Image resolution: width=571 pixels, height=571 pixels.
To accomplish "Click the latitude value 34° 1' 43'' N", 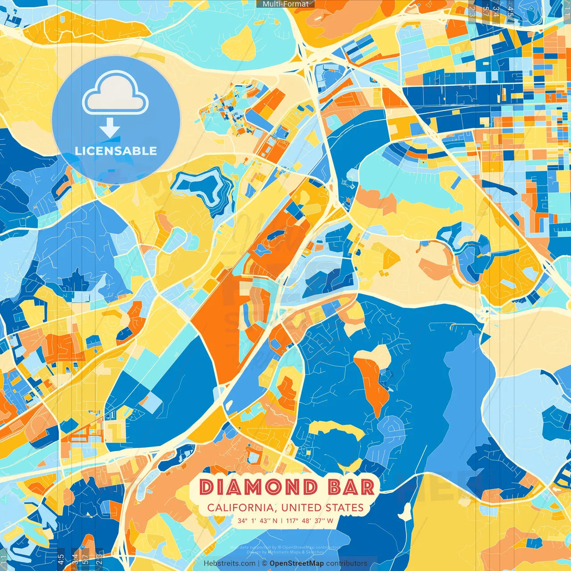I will [x=257, y=521].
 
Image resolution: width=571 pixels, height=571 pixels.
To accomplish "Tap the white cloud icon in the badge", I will [x=116, y=95].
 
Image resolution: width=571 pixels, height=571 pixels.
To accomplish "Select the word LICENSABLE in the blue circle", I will [x=116, y=151].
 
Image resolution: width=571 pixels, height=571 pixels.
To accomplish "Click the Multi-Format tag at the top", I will [x=285, y=4].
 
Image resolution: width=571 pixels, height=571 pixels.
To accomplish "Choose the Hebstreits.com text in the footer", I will [x=229, y=563].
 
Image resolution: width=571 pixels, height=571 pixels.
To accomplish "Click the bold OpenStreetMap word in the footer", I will [x=297, y=563].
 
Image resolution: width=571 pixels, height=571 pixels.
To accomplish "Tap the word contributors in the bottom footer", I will [x=347, y=563].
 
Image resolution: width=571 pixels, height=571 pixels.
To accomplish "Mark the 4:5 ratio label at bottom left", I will [x=61, y=559].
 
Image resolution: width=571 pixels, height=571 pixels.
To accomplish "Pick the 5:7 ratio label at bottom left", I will [x=86, y=559].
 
